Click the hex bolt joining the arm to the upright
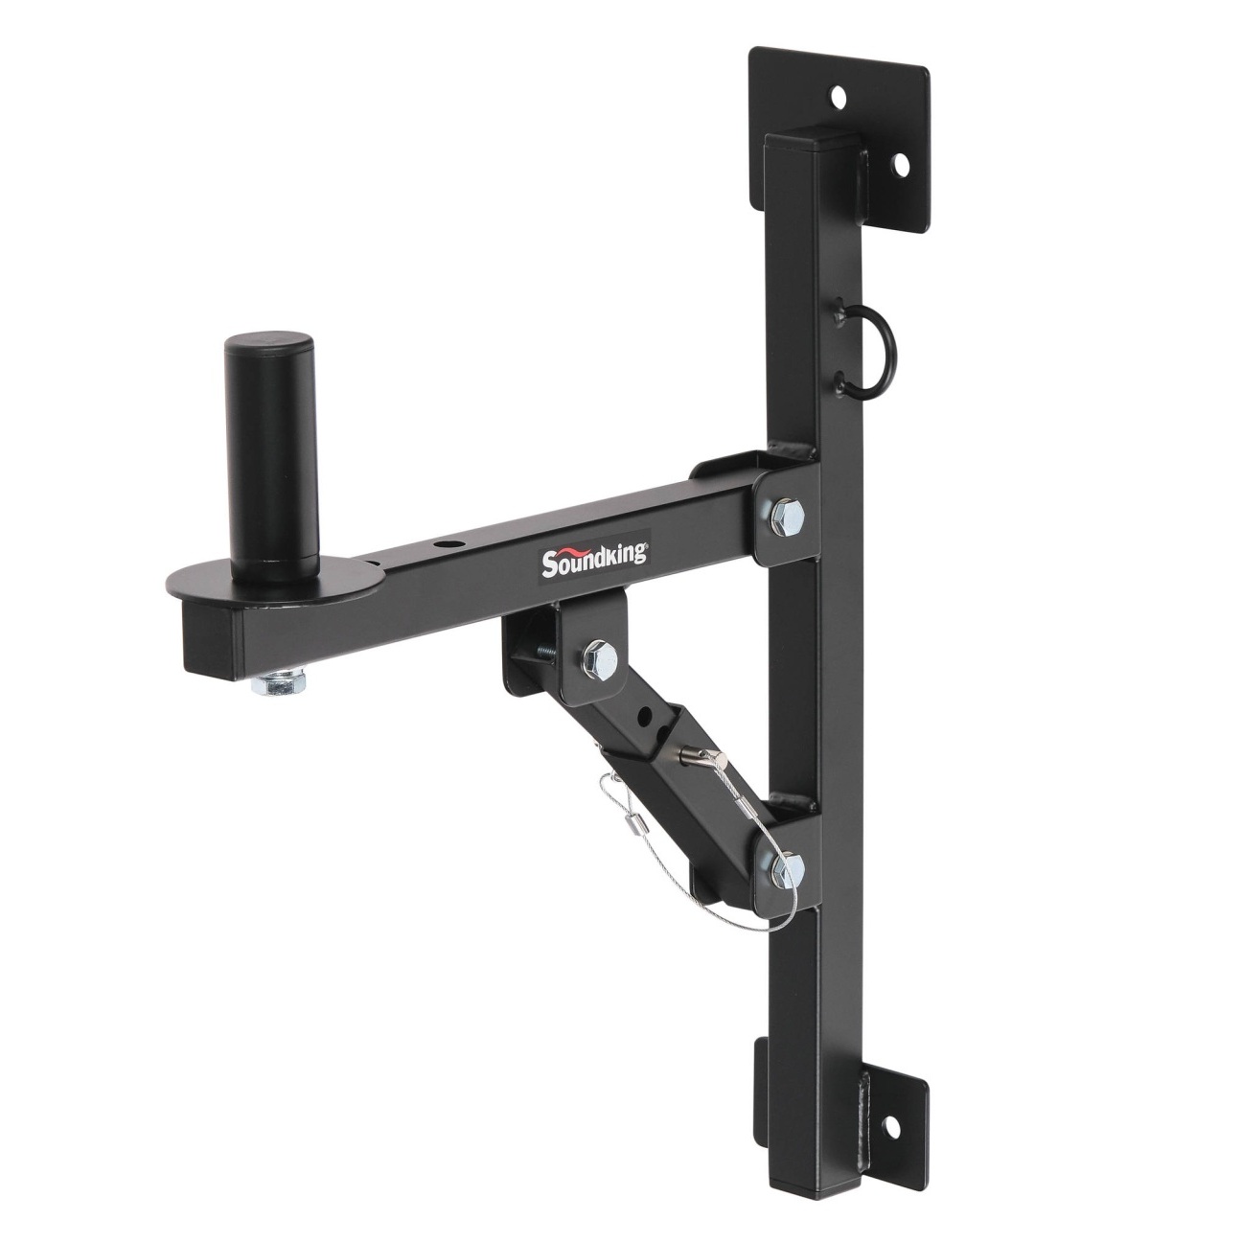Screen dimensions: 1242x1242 [786, 515]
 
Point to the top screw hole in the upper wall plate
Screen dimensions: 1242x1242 [838, 97]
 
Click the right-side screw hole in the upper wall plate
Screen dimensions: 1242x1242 [901, 167]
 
